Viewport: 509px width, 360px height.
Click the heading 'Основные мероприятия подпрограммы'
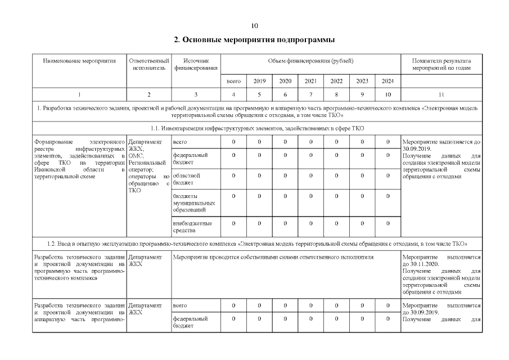click(254, 40)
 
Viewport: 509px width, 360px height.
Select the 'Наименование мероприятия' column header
click(79, 61)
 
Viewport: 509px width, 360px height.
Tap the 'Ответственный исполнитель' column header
click(148, 64)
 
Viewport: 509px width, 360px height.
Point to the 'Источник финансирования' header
click(196, 64)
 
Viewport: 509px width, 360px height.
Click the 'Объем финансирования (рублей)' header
click(311, 61)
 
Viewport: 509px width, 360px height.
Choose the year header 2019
click(259, 81)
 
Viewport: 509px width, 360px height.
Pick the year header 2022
click(336, 81)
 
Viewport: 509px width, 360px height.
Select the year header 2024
click(388, 81)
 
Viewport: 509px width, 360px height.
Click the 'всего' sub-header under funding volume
click(233, 81)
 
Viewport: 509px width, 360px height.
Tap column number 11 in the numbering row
click(441, 94)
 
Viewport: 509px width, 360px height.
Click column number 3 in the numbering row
click(196, 94)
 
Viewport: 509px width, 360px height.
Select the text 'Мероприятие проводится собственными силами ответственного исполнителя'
click(273, 257)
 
